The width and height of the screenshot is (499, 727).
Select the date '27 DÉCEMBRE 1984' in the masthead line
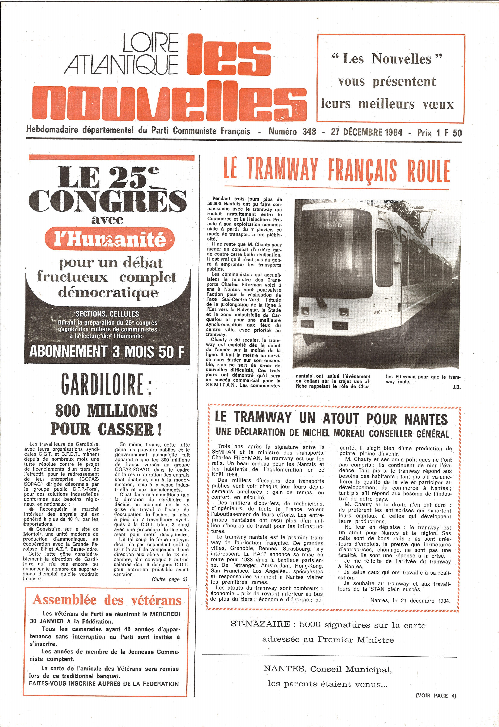(367, 132)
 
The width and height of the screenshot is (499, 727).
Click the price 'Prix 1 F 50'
(439, 133)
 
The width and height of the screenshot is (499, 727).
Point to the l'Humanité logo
(109, 239)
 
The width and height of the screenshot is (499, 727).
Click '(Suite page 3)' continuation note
(169, 579)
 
